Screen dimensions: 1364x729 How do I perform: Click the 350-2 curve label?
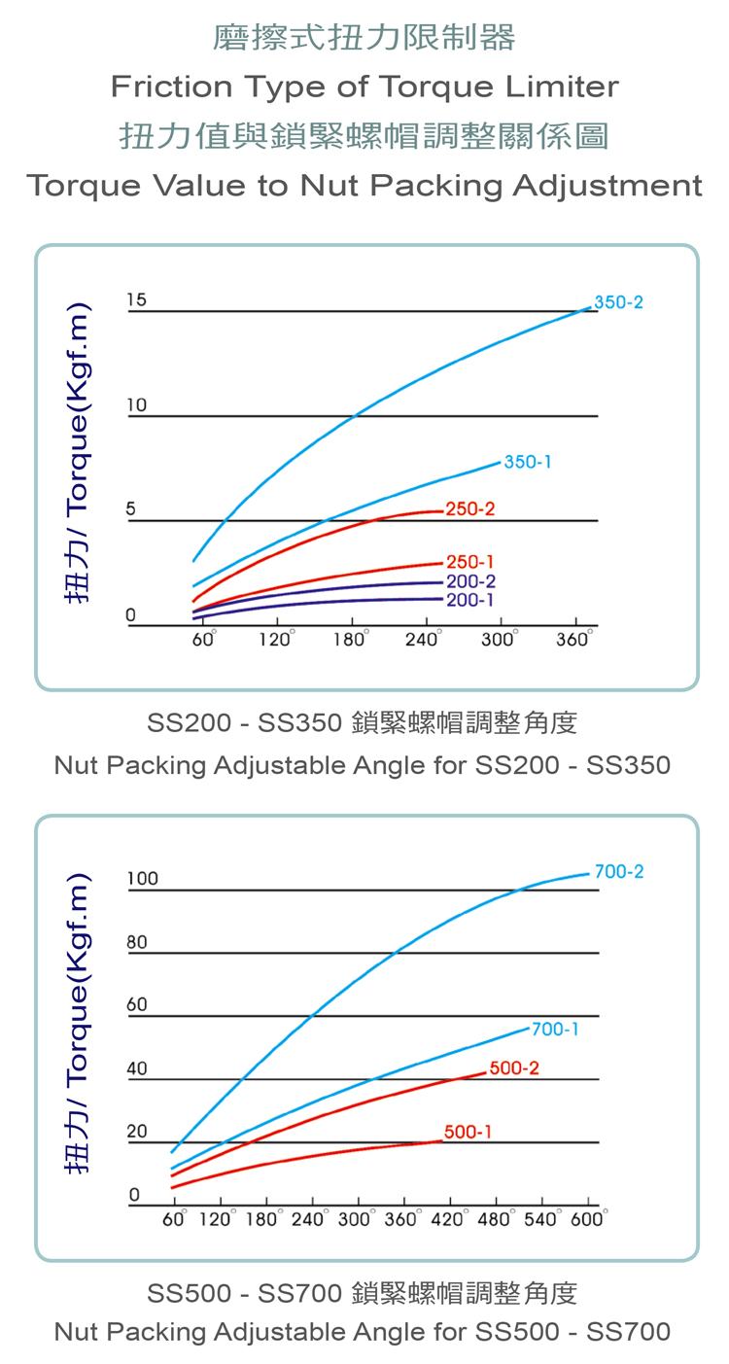click(x=618, y=302)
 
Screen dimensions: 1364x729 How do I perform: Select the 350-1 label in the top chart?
click(x=528, y=462)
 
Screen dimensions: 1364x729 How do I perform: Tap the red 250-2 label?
click(x=470, y=508)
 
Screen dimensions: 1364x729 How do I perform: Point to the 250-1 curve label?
click(x=470, y=562)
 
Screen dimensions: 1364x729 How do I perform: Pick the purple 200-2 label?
click(x=470, y=581)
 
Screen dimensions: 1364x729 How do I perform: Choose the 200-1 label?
click(x=470, y=600)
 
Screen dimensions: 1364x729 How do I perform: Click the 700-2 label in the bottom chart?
click(x=618, y=872)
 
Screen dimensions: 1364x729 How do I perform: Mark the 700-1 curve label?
click(x=555, y=1029)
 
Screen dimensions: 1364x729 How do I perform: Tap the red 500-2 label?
click(x=514, y=1068)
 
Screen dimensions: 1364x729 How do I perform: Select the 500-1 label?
click(x=468, y=1132)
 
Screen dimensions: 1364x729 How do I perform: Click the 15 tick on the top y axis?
click(x=136, y=299)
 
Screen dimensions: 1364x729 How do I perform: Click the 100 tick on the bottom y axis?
click(x=142, y=879)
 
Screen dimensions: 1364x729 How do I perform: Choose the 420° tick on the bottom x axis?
click(x=447, y=1219)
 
